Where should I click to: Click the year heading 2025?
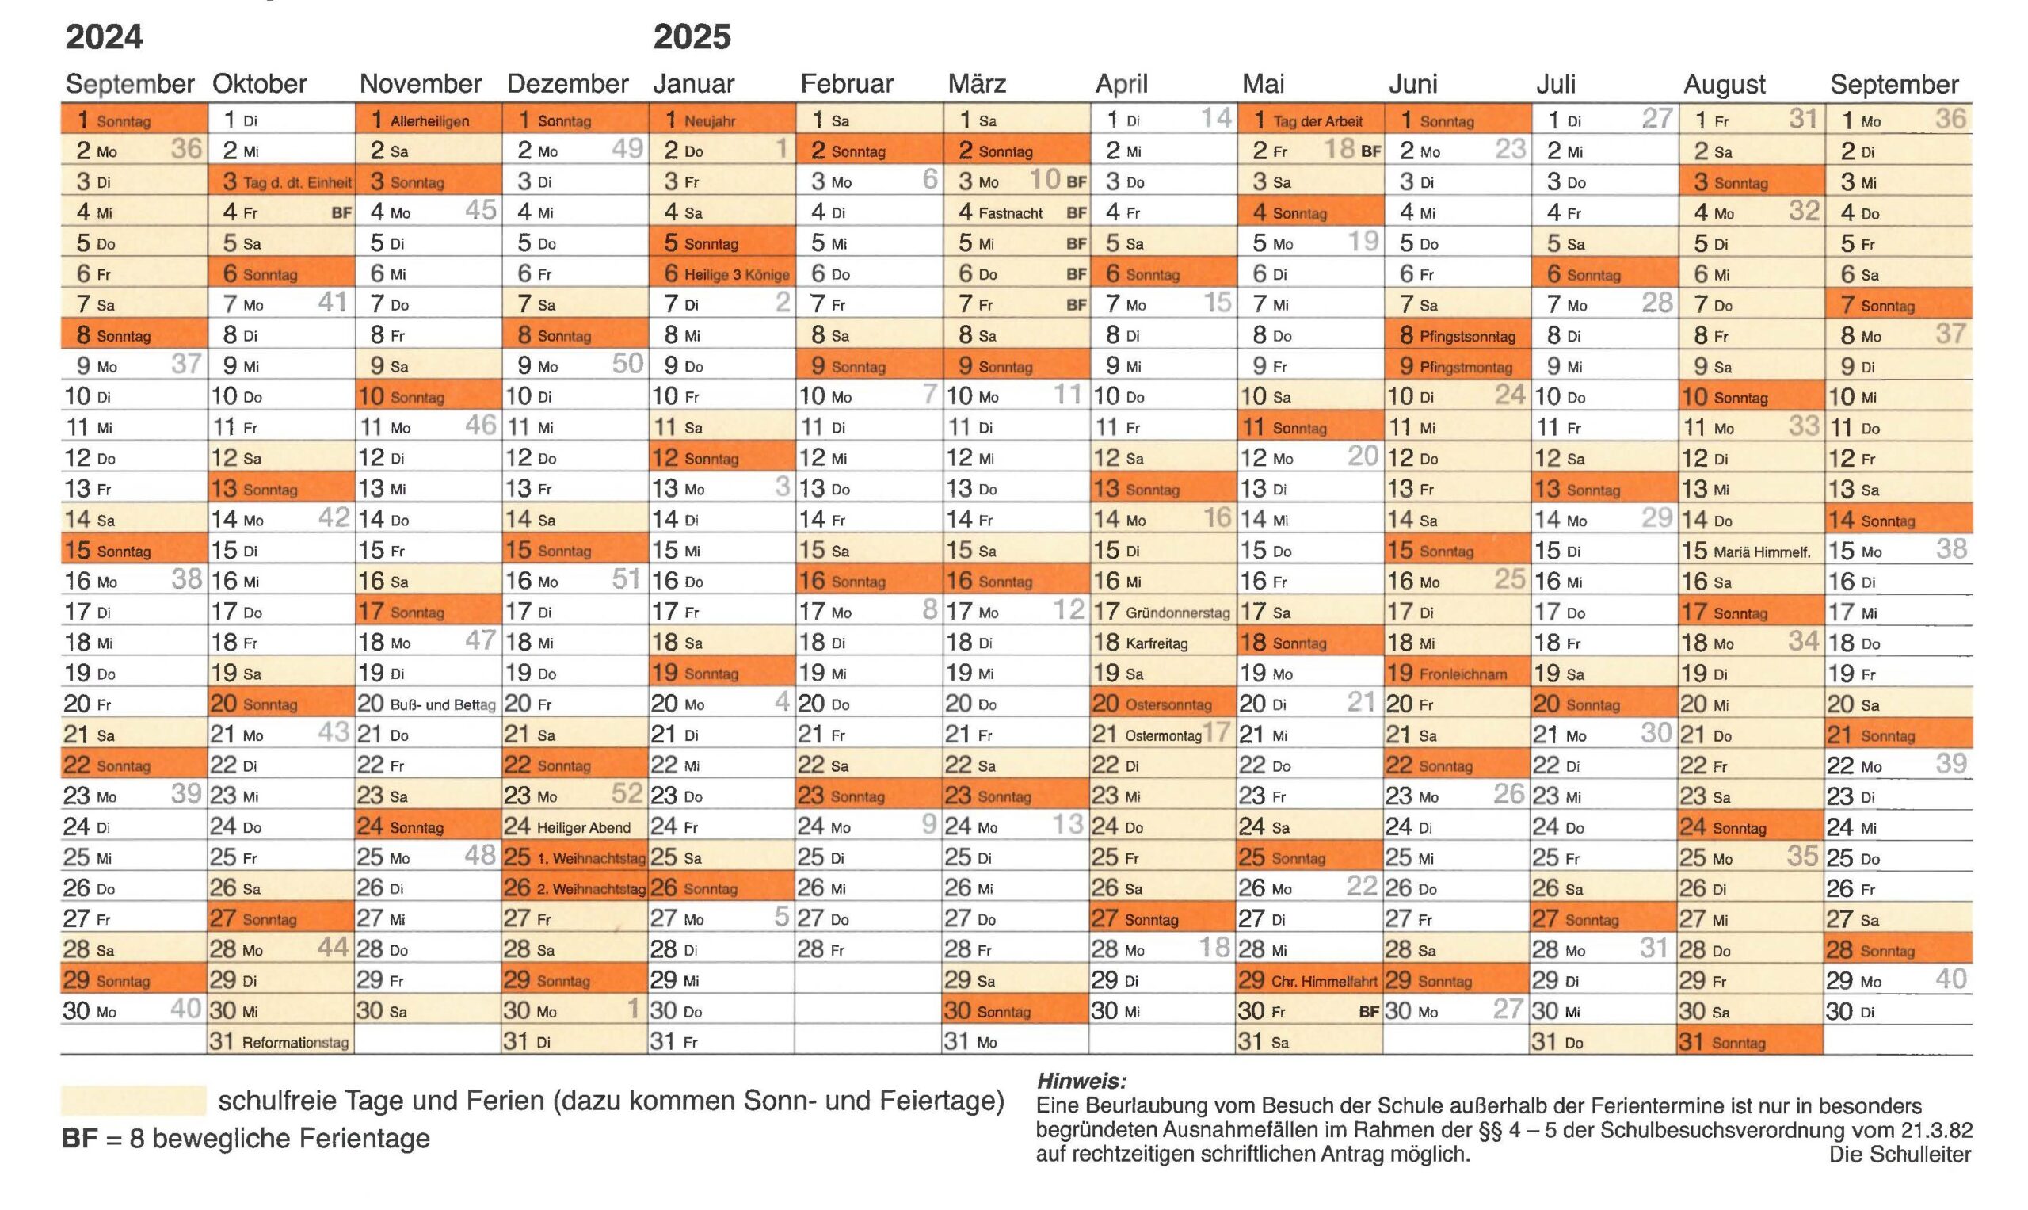692,36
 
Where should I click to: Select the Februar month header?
847,83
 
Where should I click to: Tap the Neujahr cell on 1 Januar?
722,120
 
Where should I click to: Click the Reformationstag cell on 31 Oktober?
281,1041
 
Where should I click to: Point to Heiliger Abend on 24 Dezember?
575,826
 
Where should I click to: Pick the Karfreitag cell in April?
1163,643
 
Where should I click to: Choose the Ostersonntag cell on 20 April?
1163,704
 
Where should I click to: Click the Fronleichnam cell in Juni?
1458,674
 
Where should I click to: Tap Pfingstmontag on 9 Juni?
1458,366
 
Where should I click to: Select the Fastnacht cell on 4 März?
1016,212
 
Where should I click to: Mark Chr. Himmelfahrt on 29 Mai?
1311,980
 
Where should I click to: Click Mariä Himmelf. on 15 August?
1752,552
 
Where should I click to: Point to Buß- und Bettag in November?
429,704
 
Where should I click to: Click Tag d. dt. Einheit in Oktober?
281,181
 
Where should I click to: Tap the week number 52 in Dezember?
627,793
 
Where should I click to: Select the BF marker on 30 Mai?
1370,1012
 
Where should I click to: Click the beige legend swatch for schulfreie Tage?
134,1101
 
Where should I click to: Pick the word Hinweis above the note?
1081,1082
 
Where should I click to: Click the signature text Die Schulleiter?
1900,1155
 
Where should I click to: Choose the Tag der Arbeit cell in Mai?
1311,120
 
